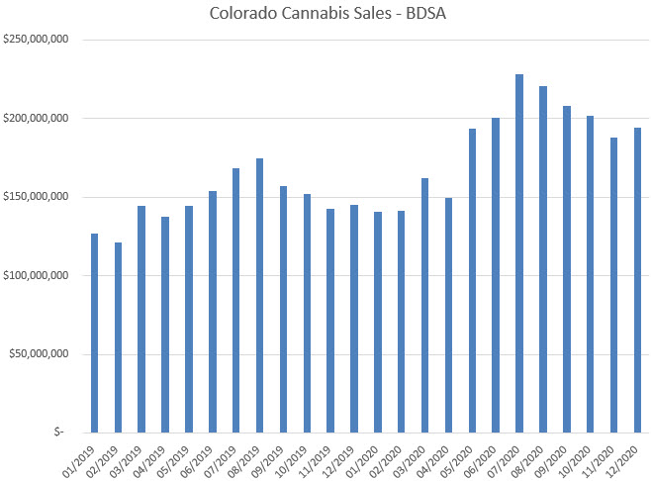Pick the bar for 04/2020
click(448, 315)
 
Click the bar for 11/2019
click(330, 321)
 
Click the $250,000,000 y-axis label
click(36, 40)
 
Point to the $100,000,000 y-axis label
click(36, 275)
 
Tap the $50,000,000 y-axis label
click(39, 353)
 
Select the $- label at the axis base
click(59, 432)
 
